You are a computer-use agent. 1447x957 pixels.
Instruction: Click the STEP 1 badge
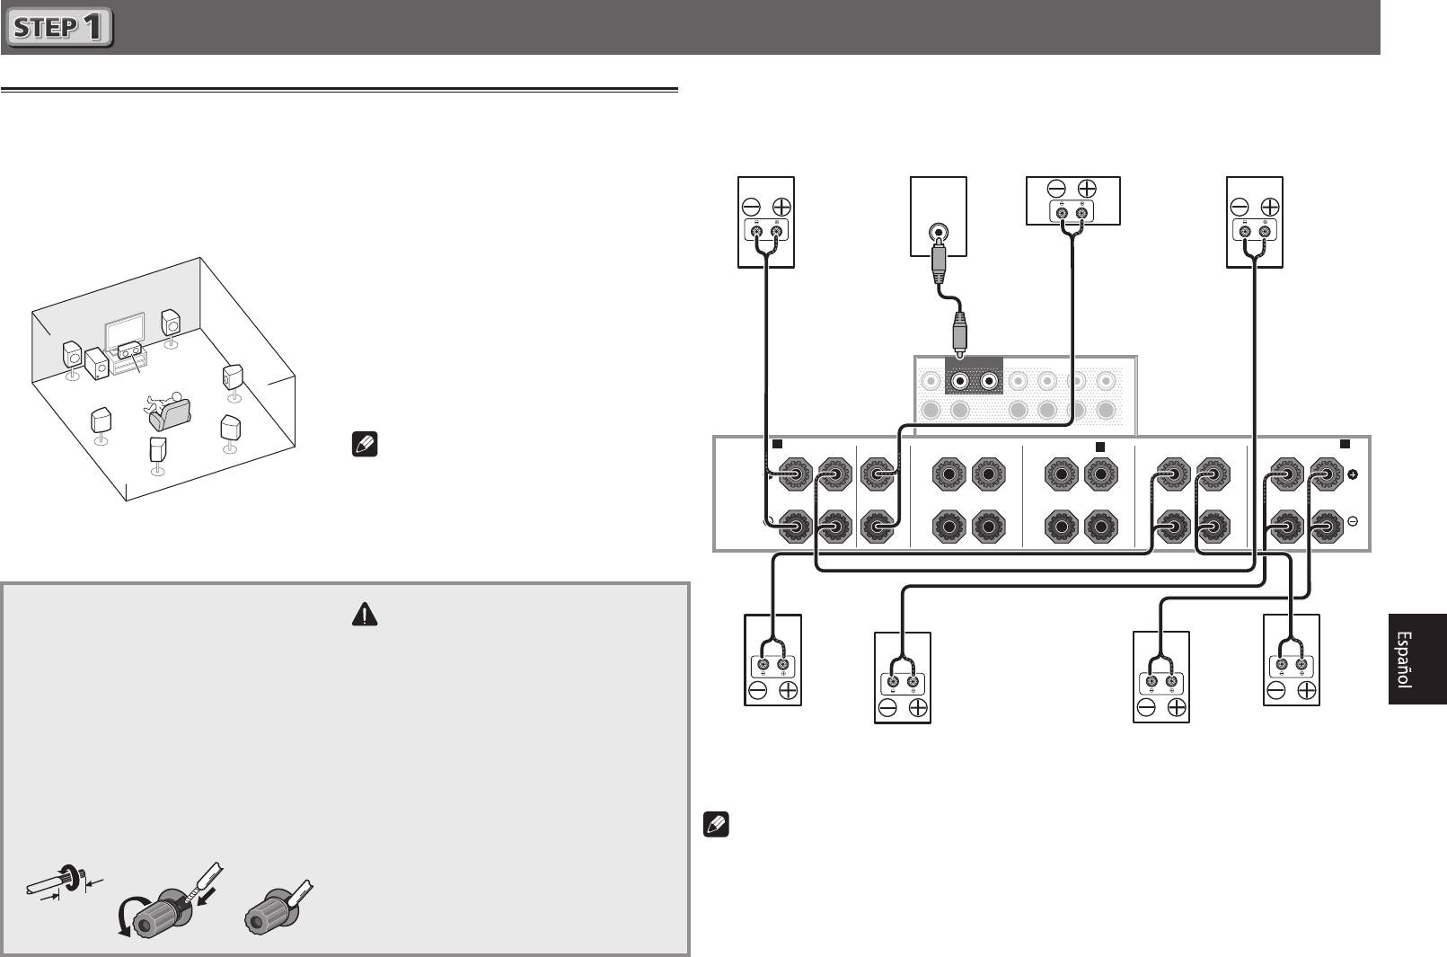click(59, 27)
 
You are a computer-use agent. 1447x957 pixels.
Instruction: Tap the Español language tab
click(1417, 659)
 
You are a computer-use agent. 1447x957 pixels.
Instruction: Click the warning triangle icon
click(365, 615)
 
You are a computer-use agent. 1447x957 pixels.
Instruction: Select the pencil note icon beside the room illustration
click(365, 444)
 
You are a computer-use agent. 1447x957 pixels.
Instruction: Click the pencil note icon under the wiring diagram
click(716, 825)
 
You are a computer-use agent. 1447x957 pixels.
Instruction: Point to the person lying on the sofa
click(163, 402)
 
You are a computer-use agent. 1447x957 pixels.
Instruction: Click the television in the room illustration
click(125, 332)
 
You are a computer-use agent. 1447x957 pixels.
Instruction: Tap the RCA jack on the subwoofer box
click(938, 231)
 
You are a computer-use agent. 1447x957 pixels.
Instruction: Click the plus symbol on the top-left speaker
click(781, 208)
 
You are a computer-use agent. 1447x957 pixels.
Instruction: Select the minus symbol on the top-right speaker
click(1239, 208)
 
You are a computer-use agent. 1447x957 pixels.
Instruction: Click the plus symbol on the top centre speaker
click(1087, 189)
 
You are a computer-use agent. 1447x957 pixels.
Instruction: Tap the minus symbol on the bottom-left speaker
click(757, 690)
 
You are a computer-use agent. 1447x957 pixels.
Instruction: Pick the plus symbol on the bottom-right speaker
click(1306, 690)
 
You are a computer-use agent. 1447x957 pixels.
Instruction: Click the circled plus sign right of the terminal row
click(1353, 474)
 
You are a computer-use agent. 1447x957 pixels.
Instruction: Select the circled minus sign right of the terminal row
click(1353, 521)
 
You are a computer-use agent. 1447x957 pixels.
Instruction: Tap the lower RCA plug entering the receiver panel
click(960, 334)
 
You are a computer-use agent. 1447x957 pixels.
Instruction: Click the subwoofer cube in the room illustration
click(97, 364)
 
